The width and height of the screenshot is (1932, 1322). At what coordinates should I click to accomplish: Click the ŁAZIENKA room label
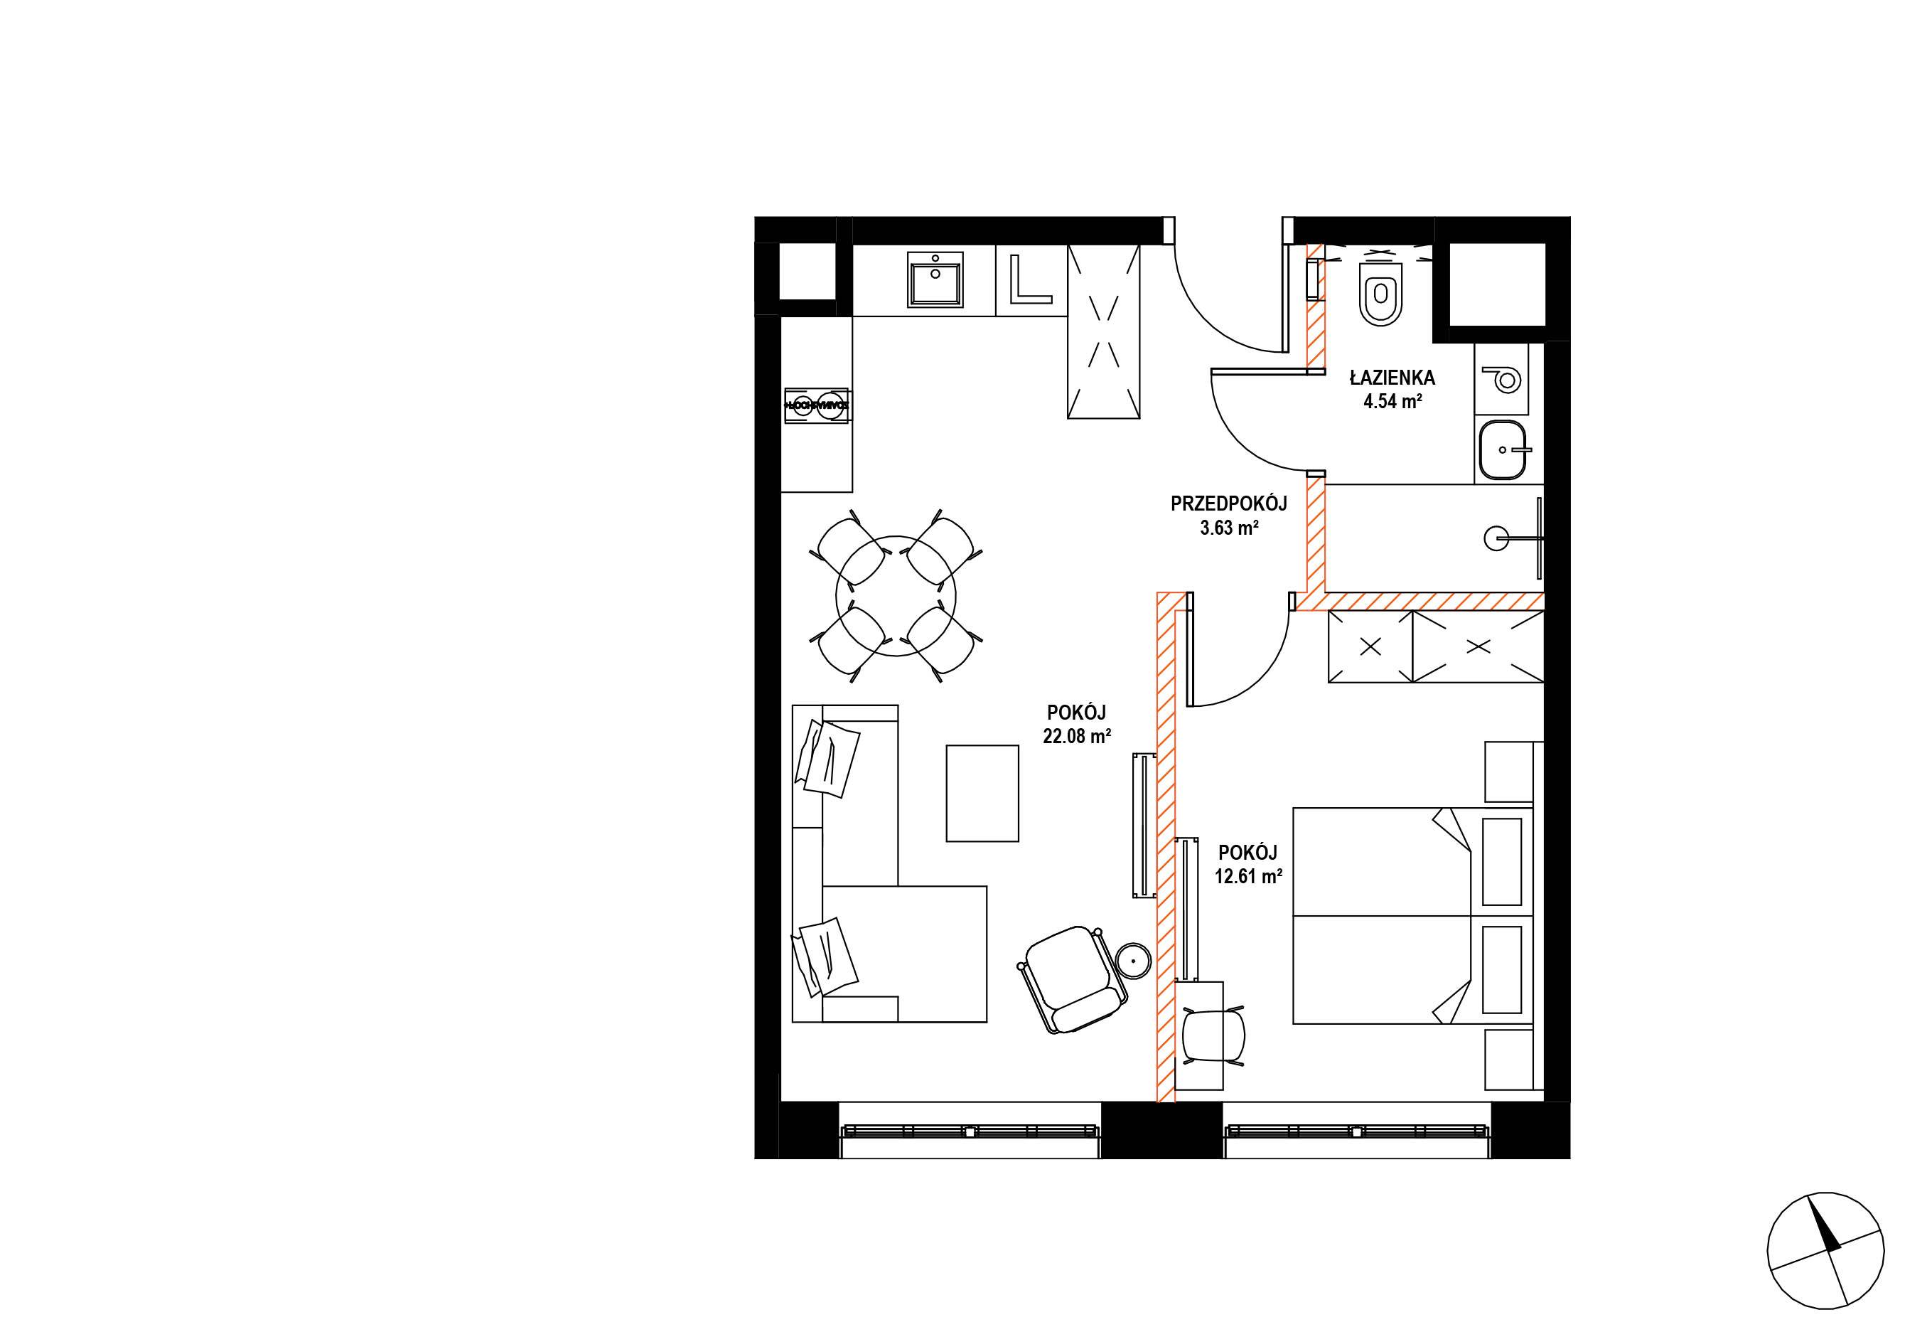coord(1392,378)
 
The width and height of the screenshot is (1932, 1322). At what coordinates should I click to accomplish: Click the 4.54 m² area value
coord(1392,402)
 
